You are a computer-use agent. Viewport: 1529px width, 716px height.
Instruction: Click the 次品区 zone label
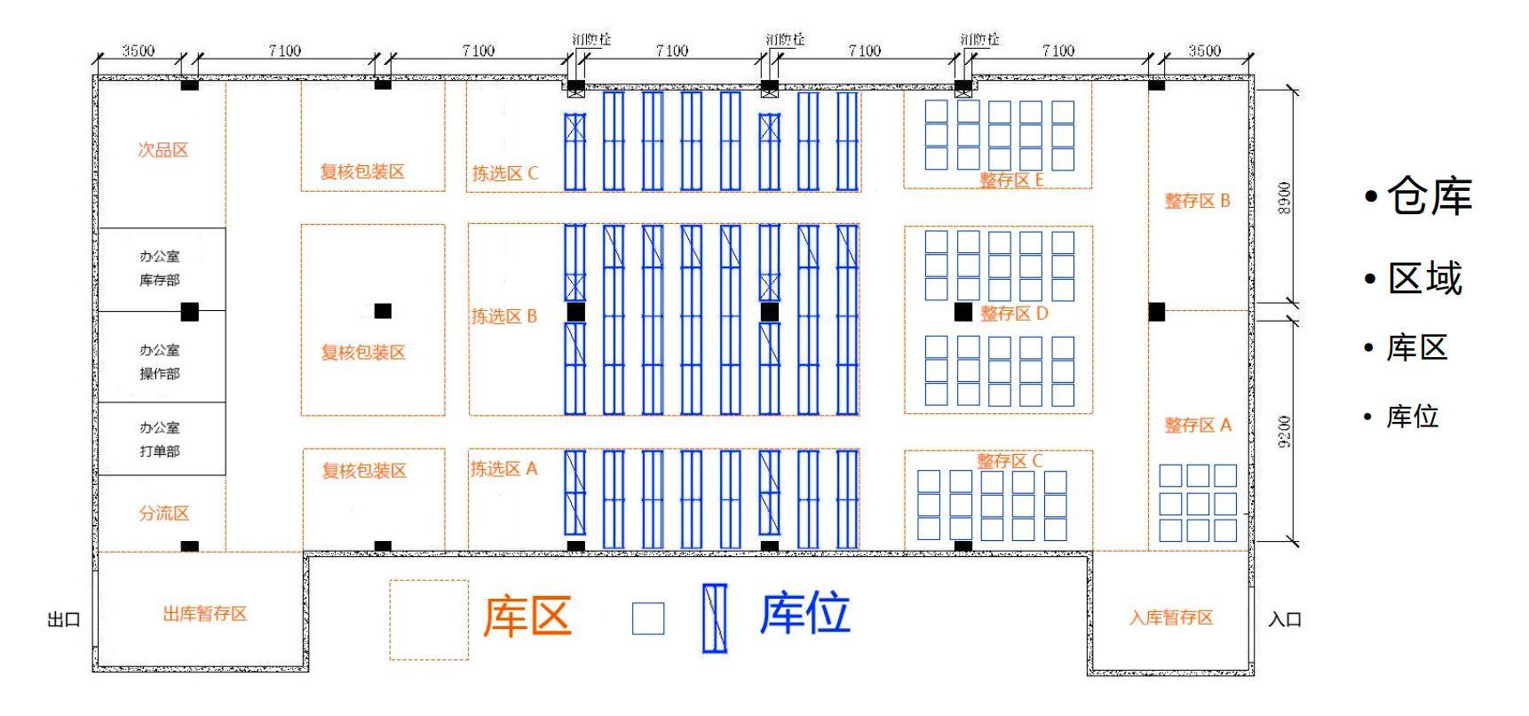coord(162,150)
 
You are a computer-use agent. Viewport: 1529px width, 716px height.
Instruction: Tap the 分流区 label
coord(163,513)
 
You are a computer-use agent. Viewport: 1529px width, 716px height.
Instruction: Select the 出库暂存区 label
coord(205,614)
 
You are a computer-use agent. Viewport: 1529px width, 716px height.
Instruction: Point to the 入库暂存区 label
coord(1170,617)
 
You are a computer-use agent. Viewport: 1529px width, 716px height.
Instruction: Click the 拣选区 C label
coord(504,173)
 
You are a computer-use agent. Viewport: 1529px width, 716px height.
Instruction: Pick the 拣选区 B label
coord(503,316)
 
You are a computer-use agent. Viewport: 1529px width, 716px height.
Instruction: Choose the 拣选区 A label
coord(503,469)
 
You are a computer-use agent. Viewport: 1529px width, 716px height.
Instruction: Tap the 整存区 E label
coord(1011,180)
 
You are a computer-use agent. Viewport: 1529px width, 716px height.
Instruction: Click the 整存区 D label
coord(1014,314)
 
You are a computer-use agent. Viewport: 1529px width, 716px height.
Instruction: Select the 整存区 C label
coord(1010,461)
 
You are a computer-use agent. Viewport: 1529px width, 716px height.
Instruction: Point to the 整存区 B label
coord(1197,201)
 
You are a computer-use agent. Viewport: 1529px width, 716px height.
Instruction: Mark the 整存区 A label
coord(1198,426)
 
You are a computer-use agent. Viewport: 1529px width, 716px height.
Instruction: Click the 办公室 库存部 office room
coord(160,268)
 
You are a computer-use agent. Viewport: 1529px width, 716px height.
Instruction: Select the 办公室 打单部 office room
coord(160,439)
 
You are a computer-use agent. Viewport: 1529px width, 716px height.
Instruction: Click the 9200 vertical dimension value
coord(1285,432)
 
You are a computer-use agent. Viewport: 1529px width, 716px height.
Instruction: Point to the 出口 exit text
coord(64,619)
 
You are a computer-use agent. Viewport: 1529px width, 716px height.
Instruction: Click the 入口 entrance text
coord(1284,619)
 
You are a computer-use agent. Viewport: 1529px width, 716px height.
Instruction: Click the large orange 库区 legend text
coord(527,616)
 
